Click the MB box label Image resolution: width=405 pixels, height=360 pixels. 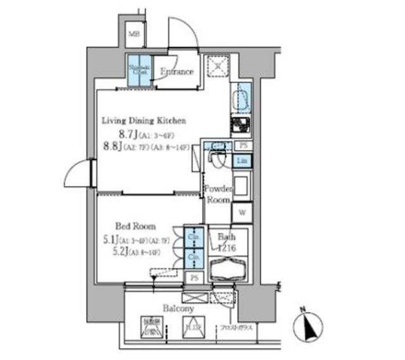(135, 34)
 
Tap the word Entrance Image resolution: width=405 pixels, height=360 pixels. (176, 72)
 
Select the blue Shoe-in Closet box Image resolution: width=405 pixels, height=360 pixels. (140, 71)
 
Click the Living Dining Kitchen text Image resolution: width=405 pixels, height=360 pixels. (144, 120)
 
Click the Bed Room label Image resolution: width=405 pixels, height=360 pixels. (135, 226)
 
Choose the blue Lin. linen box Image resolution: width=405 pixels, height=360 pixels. (242, 161)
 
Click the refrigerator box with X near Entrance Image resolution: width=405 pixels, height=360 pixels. (219, 66)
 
